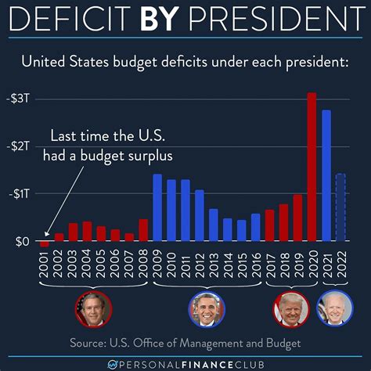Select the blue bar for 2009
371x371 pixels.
tap(157, 207)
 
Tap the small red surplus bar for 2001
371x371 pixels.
tap(45, 244)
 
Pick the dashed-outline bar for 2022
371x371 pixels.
tap(340, 207)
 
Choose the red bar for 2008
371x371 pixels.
tap(143, 230)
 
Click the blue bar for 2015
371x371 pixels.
tap(241, 230)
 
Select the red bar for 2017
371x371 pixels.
tap(269, 225)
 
